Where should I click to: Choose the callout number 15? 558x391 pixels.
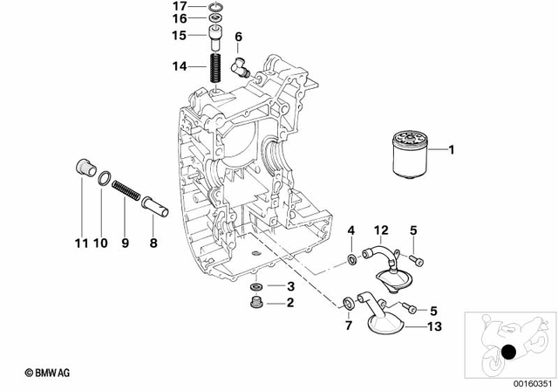[179, 36]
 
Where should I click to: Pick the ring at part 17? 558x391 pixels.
[214, 9]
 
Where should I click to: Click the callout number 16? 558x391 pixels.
[179, 18]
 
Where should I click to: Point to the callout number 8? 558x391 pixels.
[153, 245]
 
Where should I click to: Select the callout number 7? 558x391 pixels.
[350, 326]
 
